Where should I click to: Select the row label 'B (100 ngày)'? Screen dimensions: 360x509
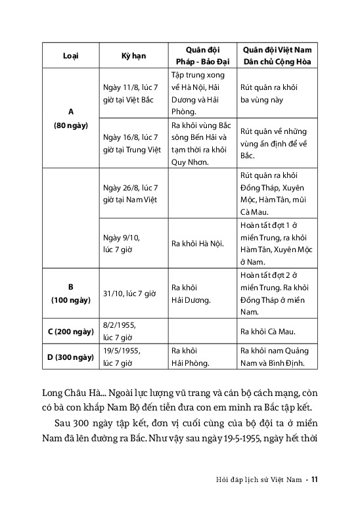point(70,293)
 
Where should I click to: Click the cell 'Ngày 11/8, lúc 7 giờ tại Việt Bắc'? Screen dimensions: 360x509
point(131,94)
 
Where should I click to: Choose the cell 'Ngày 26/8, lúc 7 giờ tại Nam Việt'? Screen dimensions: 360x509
point(131,194)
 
